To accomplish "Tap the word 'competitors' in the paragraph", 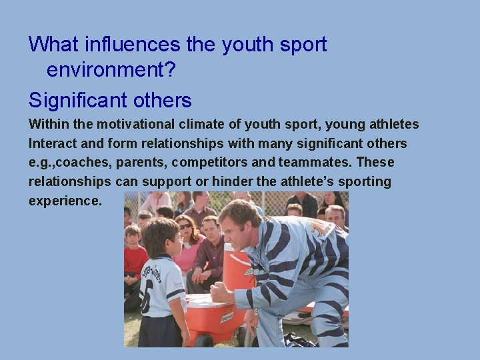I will (x=234, y=163).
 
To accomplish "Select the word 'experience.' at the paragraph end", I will (x=65, y=201).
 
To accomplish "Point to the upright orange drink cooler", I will (x=237, y=267).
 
